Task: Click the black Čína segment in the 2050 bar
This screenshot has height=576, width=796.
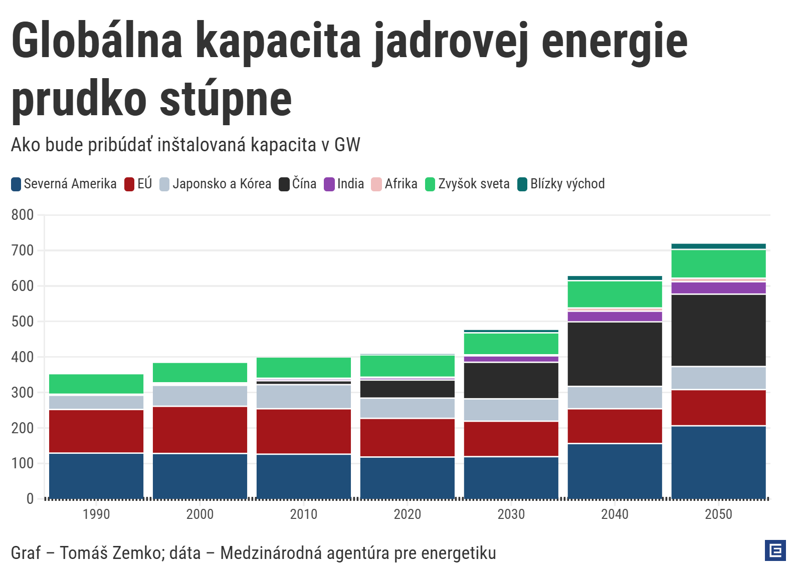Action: (718, 330)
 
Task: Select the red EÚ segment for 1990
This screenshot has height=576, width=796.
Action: (96, 431)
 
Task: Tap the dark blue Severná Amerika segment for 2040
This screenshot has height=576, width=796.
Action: (615, 471)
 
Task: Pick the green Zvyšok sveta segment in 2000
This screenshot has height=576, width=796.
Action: (200, 372)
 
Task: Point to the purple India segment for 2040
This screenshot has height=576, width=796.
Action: (615, 316)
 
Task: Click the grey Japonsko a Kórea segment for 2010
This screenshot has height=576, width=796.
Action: (304, 397)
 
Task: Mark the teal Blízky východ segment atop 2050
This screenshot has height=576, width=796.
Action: (718, 246)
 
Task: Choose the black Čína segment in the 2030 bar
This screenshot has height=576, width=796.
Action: (511, 380)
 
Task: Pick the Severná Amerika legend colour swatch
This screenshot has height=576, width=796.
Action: (16, 184)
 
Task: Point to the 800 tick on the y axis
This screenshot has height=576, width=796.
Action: (23, 215)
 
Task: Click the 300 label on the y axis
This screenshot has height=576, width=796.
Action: (23, 393)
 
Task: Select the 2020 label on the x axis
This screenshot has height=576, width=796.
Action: (407, 514)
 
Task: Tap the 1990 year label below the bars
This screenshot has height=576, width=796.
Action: (96, 514)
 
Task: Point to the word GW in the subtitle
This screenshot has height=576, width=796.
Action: (347, 145)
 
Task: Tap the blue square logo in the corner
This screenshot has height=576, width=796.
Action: (775, 550)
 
